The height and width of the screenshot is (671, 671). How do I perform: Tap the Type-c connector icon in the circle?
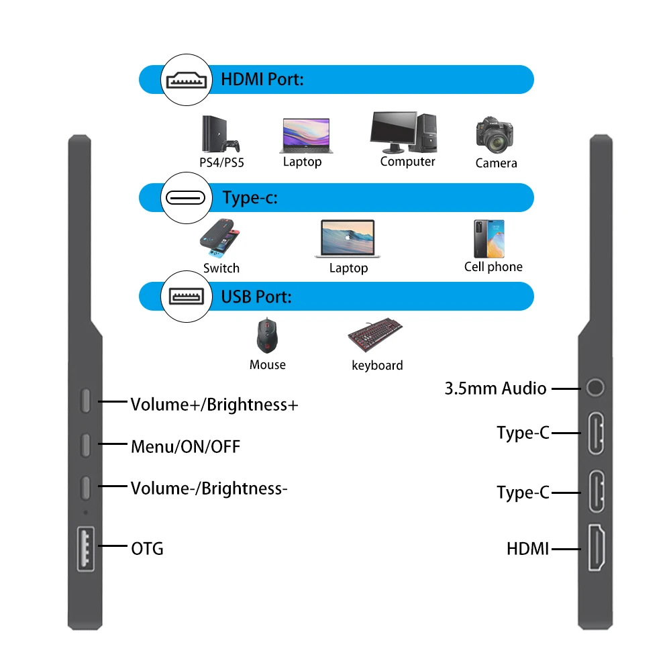[186, 199]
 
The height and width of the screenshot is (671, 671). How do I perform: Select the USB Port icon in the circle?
[186, 296]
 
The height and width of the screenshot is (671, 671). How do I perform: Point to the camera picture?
[496, 134]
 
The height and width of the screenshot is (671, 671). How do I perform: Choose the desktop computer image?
[404, 132]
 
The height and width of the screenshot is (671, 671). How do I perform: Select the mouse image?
[267, 335]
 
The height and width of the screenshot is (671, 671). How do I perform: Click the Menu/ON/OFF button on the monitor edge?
[86, 445]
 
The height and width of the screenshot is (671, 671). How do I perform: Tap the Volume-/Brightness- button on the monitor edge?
[86, 487]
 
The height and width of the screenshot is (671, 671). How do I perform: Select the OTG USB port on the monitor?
[86, 548]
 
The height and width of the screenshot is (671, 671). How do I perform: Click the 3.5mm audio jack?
[595, 388]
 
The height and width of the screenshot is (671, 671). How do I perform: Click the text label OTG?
[147, 549]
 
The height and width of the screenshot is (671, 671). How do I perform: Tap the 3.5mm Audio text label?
[495, 389]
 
